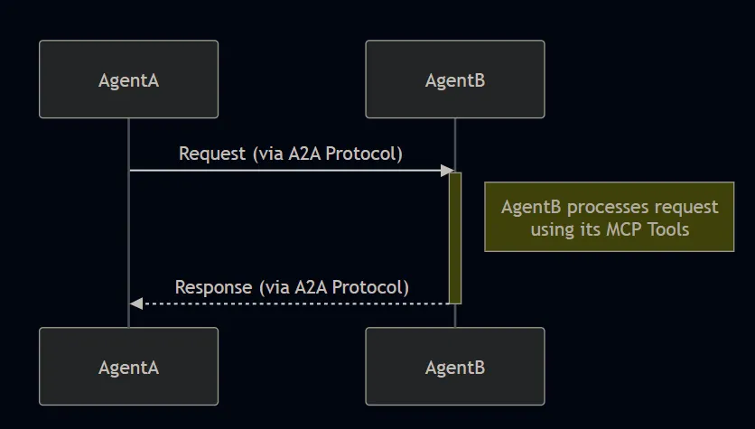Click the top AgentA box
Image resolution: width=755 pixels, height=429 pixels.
[128, 79]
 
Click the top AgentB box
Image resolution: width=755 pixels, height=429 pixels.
[454, 79]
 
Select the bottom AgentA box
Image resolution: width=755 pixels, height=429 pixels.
[128, 367]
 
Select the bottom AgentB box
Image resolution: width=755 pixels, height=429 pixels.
[454, 367]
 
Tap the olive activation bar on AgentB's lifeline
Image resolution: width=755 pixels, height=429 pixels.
[455, 237]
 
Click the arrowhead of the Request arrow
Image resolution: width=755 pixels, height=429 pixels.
[446, 170]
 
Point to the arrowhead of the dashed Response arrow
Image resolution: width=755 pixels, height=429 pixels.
[135, 303]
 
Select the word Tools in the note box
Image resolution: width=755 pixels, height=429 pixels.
[667, 229]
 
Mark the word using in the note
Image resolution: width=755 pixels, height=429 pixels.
[552, 229]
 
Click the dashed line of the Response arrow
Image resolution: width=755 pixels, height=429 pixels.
[289, 303]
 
